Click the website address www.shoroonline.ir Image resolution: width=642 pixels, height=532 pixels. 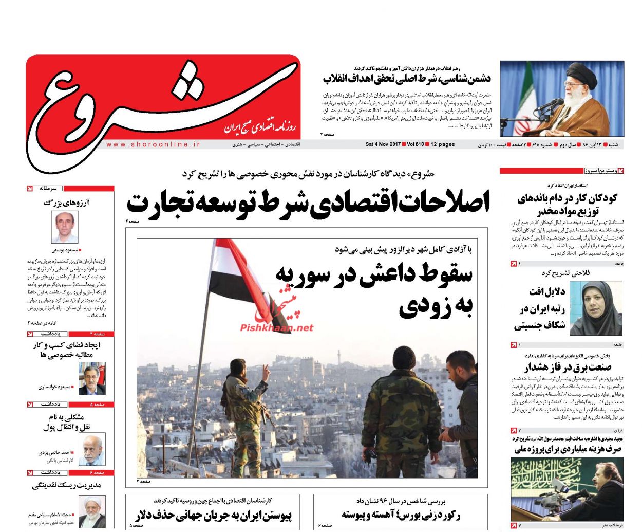tap(153, 145)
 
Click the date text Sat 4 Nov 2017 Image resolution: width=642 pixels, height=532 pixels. tap(383, 144)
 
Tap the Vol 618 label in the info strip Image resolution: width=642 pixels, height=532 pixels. tap(415, 144)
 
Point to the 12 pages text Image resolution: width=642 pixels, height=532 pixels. tap(442, 144)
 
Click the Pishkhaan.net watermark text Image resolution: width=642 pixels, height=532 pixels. tap(276, 327)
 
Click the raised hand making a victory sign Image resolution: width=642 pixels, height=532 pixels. tap(265, 371)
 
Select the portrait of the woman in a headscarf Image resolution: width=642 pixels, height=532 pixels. tap(596, 308)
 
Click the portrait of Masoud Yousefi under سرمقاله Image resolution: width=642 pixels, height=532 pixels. tap(65, 227)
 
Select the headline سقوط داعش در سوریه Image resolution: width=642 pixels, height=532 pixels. tap(374, 275)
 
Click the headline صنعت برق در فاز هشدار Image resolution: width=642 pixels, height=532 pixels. tap(568, 367)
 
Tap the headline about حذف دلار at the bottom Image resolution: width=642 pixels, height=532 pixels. tap(214, 515)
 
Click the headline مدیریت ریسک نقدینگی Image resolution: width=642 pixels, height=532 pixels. tap(67, 485)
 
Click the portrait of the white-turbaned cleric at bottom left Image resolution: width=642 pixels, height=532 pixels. tap(92, 511)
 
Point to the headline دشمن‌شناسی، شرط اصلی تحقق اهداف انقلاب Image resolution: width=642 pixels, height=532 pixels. tap(407, 79)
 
